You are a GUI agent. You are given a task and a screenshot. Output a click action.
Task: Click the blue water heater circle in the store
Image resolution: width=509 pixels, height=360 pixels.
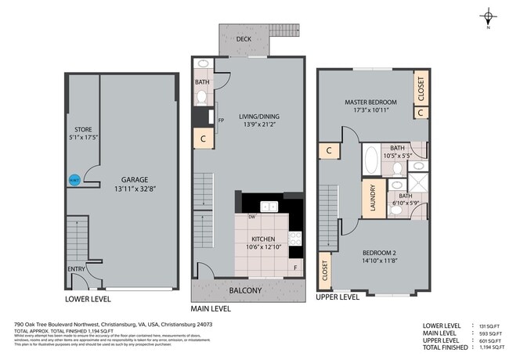(74, 180)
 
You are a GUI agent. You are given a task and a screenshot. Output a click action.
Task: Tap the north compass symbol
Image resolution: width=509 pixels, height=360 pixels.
(487, 16)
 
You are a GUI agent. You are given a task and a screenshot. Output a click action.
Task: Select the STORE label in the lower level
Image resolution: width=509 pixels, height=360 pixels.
(83, 129)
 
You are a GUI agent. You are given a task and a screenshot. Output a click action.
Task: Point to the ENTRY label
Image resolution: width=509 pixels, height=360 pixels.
(76, 269)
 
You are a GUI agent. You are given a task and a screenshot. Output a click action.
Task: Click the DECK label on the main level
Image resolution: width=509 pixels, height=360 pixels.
(244, 38)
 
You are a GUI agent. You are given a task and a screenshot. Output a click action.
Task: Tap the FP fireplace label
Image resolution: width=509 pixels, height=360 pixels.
(221, 121)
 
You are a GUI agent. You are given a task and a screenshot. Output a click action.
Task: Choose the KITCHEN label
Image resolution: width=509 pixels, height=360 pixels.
(263, 239)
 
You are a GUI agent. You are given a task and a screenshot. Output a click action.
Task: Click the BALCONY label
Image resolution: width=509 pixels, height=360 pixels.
(245, 290)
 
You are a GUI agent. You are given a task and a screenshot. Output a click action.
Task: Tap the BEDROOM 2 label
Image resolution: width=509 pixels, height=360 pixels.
(381, 252)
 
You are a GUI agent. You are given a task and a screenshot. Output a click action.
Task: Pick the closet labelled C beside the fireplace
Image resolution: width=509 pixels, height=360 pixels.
(204, 139)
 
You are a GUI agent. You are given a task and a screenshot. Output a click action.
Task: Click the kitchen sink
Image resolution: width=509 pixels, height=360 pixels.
(269, 207)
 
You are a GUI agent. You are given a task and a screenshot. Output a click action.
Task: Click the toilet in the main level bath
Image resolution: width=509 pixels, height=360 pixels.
(201, 97)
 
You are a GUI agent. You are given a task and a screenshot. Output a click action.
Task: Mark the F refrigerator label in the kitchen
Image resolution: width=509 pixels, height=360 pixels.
(295, 268)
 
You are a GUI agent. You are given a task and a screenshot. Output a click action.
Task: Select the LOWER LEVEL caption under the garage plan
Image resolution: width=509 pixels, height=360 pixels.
(88, 298)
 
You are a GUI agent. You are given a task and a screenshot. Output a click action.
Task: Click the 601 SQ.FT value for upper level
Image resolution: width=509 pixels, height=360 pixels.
(485, 339)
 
